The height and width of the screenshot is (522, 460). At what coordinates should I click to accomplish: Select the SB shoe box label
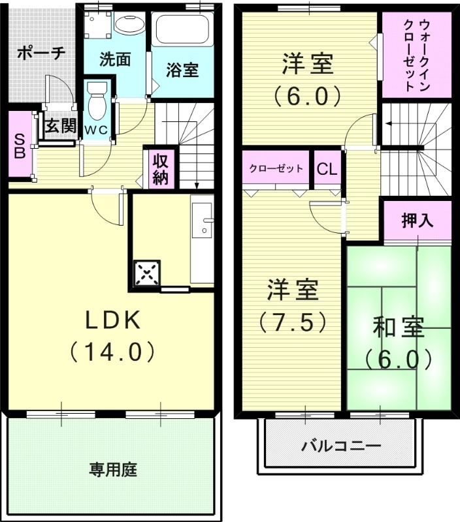[x=20, y=146]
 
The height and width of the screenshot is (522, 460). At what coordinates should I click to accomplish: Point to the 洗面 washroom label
[x=115, y=59]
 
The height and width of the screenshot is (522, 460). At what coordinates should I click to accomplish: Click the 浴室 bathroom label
[x=182, y=70]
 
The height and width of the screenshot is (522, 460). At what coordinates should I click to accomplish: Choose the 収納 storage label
[x=159, y=168]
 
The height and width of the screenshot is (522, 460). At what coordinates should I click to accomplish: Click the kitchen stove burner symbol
[x=147, y=273]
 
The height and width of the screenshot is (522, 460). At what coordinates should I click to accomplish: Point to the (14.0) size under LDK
[x=112, y=352]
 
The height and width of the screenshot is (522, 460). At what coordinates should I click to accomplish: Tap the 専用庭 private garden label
[x=113, y=469]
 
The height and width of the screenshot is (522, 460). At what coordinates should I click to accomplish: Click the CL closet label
[x=327, y=169]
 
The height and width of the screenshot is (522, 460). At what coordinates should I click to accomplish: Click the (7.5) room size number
[x=291, y=321]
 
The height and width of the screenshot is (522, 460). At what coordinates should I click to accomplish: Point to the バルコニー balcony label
[x=342, y=447]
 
